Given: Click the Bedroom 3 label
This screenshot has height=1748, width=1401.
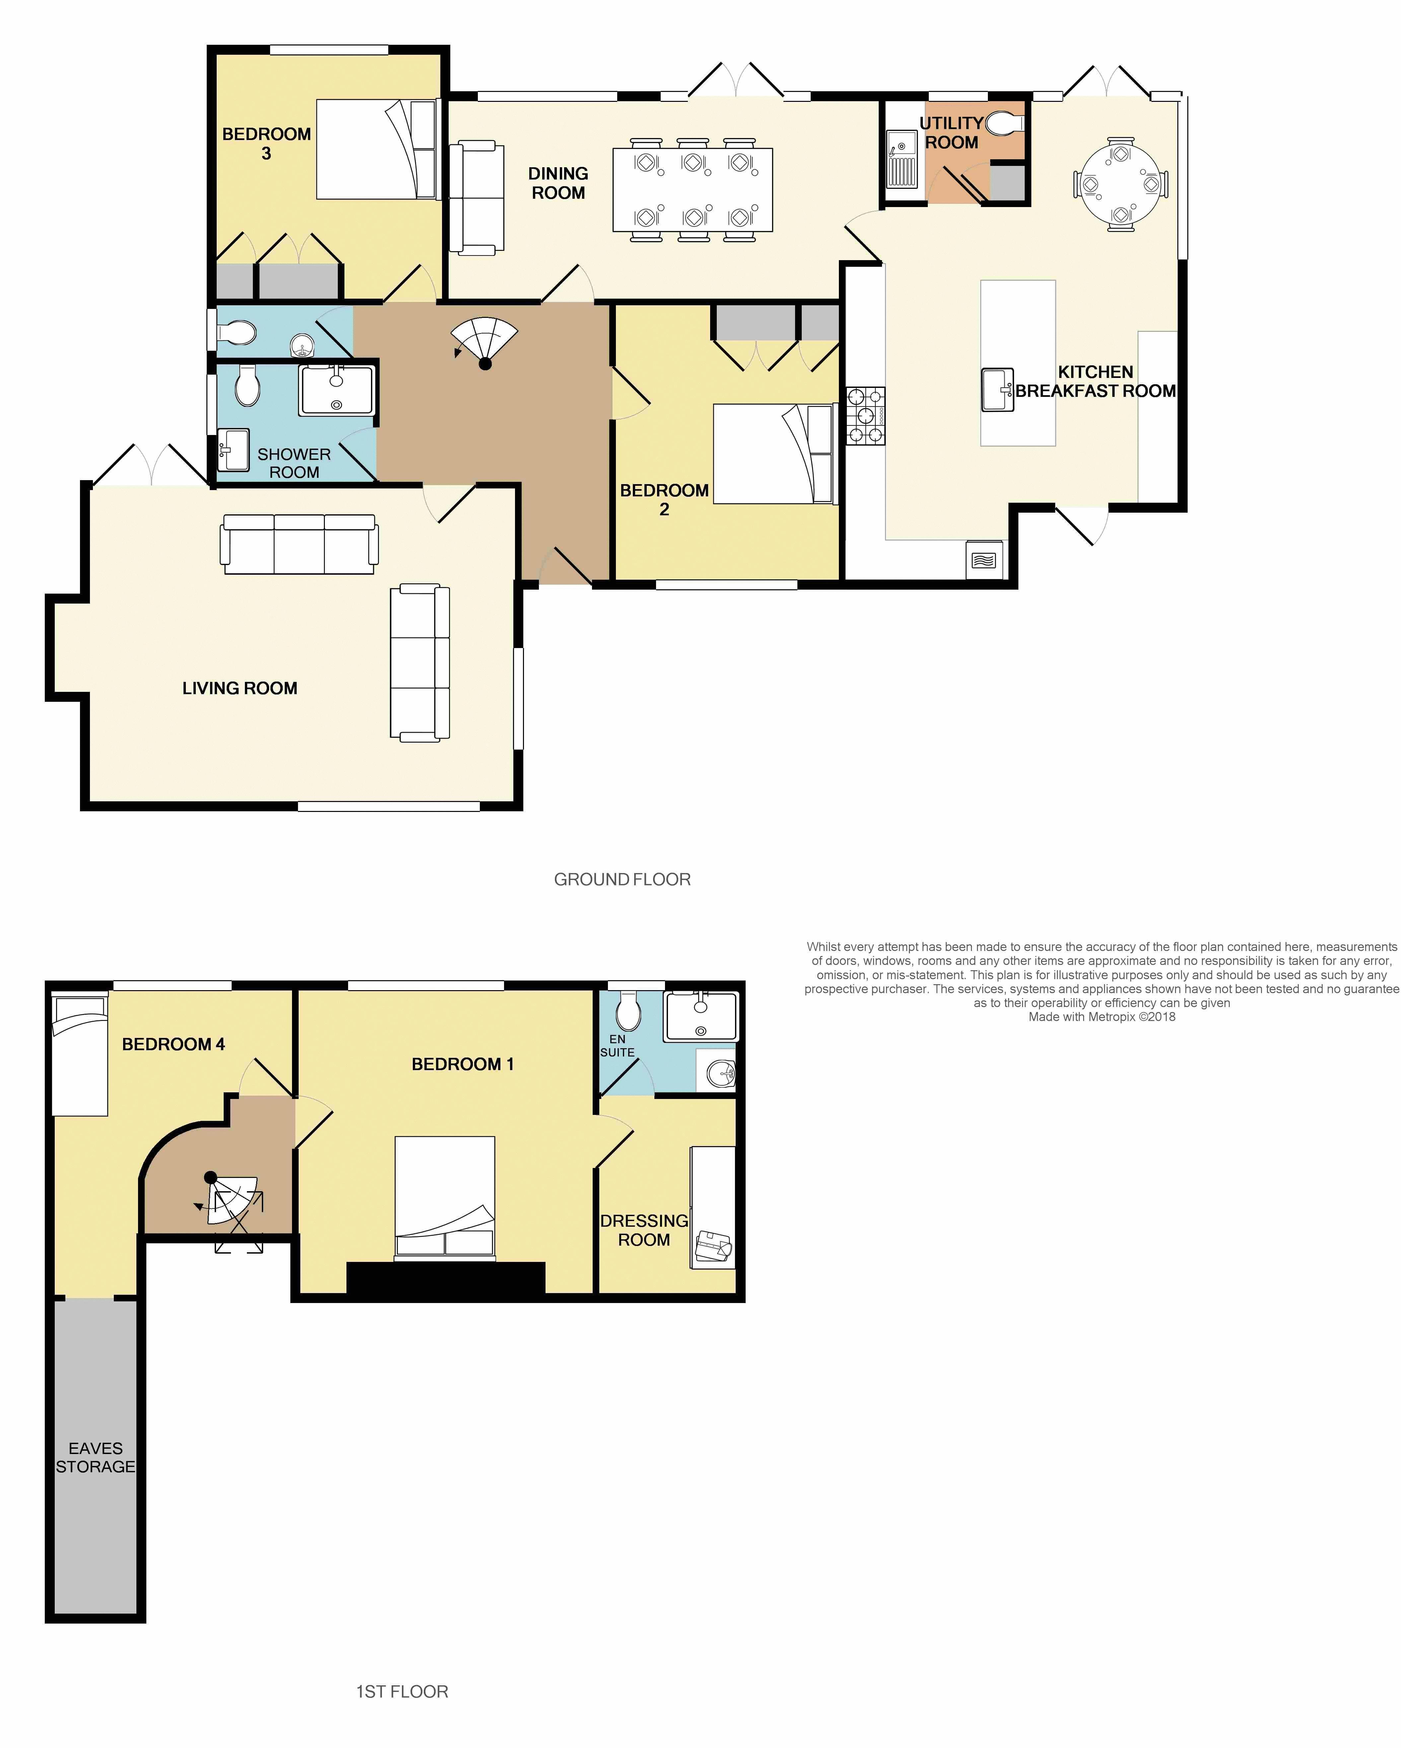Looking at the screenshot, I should point(266,143).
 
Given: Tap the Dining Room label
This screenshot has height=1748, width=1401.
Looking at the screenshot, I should point(558,183).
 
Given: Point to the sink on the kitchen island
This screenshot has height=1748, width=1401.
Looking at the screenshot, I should point(997,389).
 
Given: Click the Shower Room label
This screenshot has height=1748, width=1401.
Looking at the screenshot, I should point(293,463).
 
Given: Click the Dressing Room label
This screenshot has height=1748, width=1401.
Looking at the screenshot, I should point(644,1230).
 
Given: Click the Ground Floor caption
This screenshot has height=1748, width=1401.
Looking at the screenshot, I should point(622,880).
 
